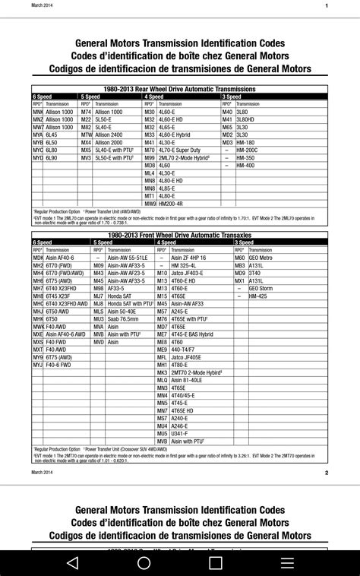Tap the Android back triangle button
click(72, 563)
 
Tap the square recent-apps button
click(216, 563)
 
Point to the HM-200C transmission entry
click(248, 150)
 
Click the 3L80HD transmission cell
click(246, 119)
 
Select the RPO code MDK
click(38, 258)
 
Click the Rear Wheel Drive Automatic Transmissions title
click(180, 89)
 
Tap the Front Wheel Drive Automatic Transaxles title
click(180, 236)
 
